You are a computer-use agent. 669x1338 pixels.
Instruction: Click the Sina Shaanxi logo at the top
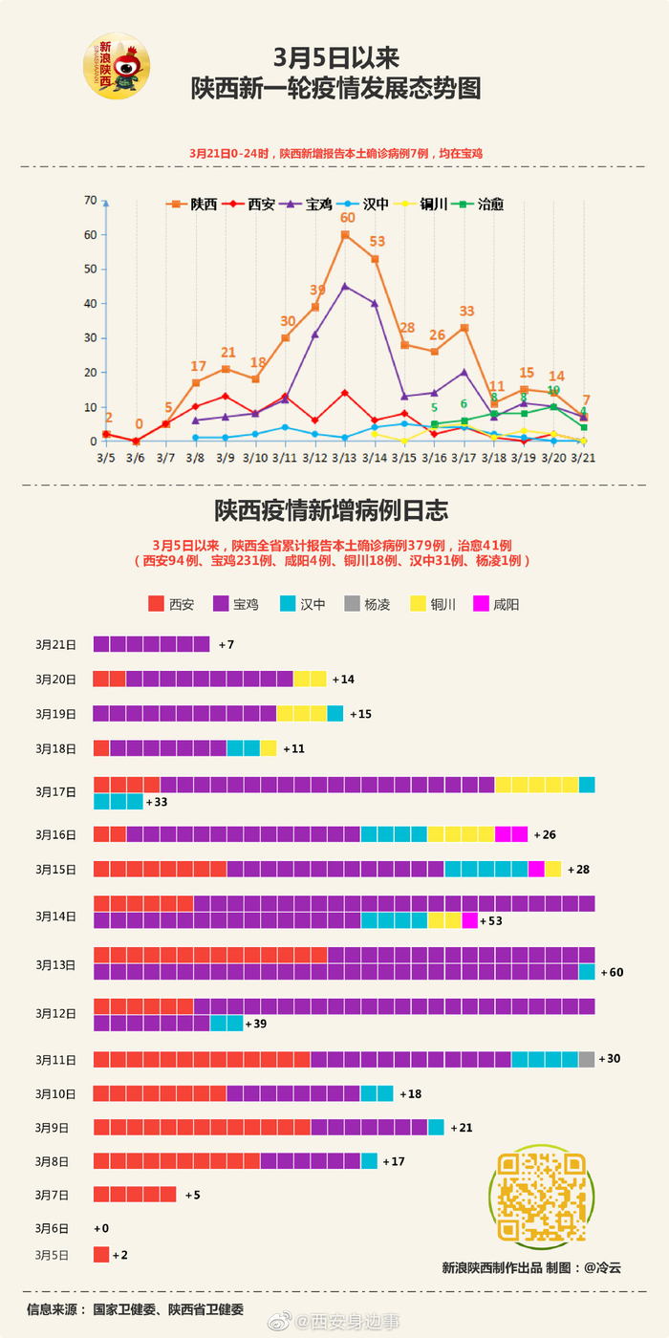click(116, 65)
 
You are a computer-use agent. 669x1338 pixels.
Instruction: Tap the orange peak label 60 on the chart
click(348, 217)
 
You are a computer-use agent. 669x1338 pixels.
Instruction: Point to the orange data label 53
click(378, 242)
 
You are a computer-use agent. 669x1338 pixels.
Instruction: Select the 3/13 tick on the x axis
click(344, 458)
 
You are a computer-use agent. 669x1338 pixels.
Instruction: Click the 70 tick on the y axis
click(91, 200)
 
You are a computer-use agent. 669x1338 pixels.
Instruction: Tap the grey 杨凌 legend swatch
click(352, 604)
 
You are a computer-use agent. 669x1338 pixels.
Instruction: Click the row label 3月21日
click(55, 645)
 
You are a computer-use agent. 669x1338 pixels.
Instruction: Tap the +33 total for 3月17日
click(157, 802)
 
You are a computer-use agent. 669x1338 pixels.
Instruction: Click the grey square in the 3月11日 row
click(586, 1059)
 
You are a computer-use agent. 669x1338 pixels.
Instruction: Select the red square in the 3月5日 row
click(101, 1255)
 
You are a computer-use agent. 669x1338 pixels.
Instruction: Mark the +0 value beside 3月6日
click(101, 1228)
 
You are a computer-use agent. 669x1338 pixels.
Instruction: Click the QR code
click(541, 1197)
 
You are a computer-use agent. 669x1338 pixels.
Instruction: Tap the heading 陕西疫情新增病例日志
click(332, 509)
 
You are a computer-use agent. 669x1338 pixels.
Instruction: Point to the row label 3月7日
click(53, 1195)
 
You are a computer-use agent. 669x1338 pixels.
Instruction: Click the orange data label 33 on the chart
click(466, 311)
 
